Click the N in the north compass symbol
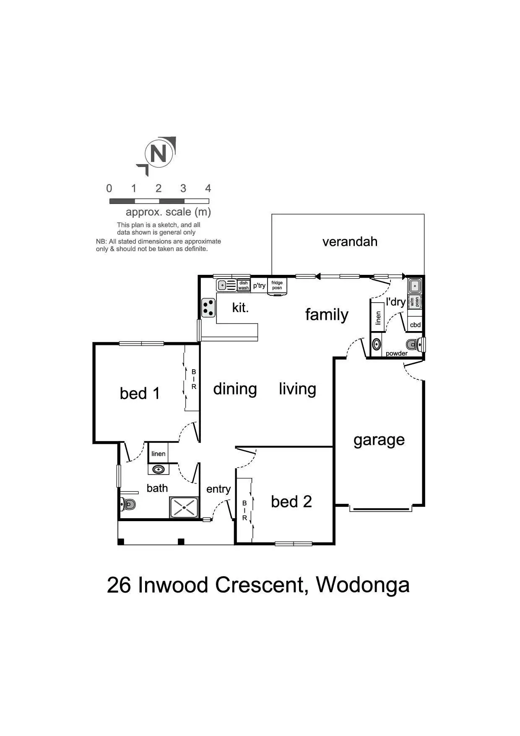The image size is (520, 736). (159, 154)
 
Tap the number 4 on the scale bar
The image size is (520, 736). (208, 188)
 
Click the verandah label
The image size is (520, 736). (350, 242)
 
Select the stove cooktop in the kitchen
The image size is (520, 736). (208, 308)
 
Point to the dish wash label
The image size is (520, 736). (243, 285)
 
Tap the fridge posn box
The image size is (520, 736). (277, 285)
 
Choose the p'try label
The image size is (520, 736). (259, 285)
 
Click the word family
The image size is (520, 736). (327, 315)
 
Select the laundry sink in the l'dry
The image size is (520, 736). (415, 286)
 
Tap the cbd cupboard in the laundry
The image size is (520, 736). (415, 325)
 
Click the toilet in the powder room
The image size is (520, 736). (418, 345)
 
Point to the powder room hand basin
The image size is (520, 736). (377, 345)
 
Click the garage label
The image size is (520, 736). (379, 440)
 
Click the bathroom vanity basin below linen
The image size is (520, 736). (158, 469)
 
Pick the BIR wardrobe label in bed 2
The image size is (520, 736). (244, 510)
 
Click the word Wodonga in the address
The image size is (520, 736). (362, 585)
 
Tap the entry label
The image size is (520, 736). (218, 489)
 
